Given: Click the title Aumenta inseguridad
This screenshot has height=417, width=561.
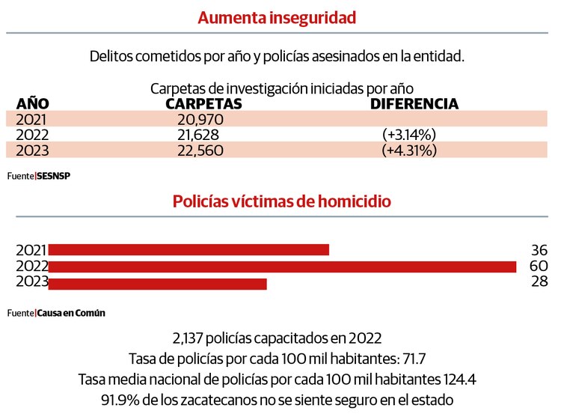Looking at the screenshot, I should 277,17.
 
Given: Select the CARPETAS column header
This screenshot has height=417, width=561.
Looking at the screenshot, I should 203,103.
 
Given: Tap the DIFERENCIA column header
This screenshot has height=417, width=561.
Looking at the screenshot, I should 414,103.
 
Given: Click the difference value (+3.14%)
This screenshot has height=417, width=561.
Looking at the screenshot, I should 409,135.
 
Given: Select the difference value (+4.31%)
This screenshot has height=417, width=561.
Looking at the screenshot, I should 409,150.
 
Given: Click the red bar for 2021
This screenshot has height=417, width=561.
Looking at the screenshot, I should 188,249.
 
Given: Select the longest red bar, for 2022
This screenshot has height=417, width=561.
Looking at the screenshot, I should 283,267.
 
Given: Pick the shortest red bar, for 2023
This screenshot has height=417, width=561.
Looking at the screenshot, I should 158,283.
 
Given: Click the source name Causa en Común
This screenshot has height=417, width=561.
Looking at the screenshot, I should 71,313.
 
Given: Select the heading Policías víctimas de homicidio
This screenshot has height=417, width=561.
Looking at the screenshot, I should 281,201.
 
